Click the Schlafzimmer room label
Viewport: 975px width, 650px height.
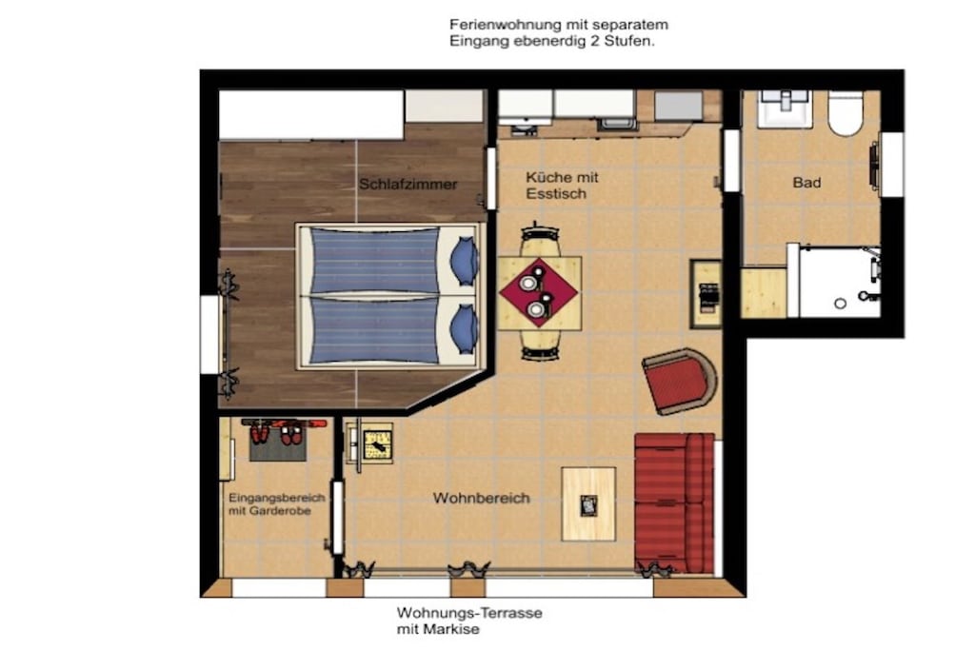(x=408, y=184)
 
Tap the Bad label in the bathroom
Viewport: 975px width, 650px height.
(x=806, y=183)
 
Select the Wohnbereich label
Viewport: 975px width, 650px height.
(x=481, y=499)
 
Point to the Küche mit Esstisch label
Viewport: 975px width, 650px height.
(x=562, y=186)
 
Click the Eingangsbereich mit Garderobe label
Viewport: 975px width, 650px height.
(x=277, y=504)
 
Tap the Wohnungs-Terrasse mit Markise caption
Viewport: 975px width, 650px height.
(x=469, y=620)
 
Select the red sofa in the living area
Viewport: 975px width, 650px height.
(x=674, y=502)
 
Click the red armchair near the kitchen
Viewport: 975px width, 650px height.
(x=679, y=381)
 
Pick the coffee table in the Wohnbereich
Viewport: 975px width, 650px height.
(x=588, y=504)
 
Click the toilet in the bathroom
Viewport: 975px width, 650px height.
(x=846, y=113)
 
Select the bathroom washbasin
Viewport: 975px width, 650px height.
(x=785, y=108)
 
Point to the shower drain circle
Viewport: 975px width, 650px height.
(x=840, y=304)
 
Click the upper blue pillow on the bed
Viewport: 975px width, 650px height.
(x=465, y=260)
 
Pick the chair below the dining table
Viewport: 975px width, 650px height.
(x=540, y=345)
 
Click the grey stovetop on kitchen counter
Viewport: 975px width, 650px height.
(x=678, y=106)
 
